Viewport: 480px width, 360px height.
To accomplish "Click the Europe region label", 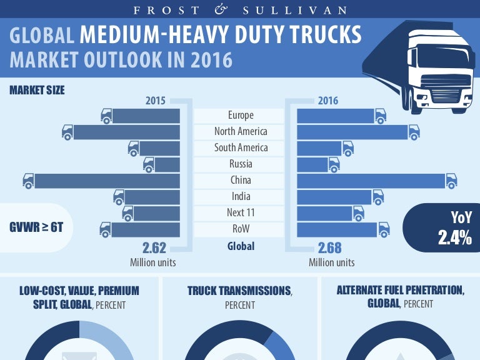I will point(241,115).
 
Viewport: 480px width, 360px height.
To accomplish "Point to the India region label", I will point(241,197).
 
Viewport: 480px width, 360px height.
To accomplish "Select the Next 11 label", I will point(241,213).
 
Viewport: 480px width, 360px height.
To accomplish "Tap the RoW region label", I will point(241,229).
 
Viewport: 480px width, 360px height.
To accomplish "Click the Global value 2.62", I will point(153,247).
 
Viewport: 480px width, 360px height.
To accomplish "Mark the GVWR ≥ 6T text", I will point(36,227).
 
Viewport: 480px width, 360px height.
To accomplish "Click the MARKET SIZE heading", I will point(37,90).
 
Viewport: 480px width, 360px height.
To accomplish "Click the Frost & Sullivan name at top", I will point(240,11).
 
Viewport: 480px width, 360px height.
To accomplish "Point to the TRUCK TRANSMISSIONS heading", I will point(239,291).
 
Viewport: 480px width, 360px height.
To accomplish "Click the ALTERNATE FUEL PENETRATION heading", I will point(400,291).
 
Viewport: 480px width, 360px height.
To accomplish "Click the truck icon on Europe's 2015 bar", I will point(107,116).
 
